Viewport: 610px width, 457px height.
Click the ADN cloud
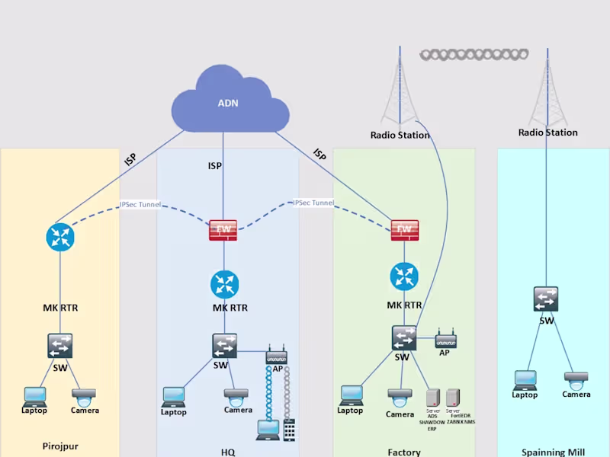(229, 103)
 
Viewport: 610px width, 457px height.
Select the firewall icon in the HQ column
(223, 230)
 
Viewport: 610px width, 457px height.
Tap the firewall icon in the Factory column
(404, 230)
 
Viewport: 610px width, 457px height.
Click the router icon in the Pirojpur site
(59, 237)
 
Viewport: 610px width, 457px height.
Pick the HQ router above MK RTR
(225, 284)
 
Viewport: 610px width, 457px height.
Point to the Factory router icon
(404, 276)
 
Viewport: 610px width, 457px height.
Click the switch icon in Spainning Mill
(546, 299)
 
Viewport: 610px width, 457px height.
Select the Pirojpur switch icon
(59, 346)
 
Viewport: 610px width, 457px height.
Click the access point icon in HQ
(276, 355)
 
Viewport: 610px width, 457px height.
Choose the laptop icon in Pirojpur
(34, 396)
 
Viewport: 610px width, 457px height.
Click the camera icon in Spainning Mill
(576, 379)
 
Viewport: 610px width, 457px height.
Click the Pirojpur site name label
(60, 446)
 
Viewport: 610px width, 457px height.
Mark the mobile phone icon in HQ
(289, 429)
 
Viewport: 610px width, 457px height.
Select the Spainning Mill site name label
(553, 452)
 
